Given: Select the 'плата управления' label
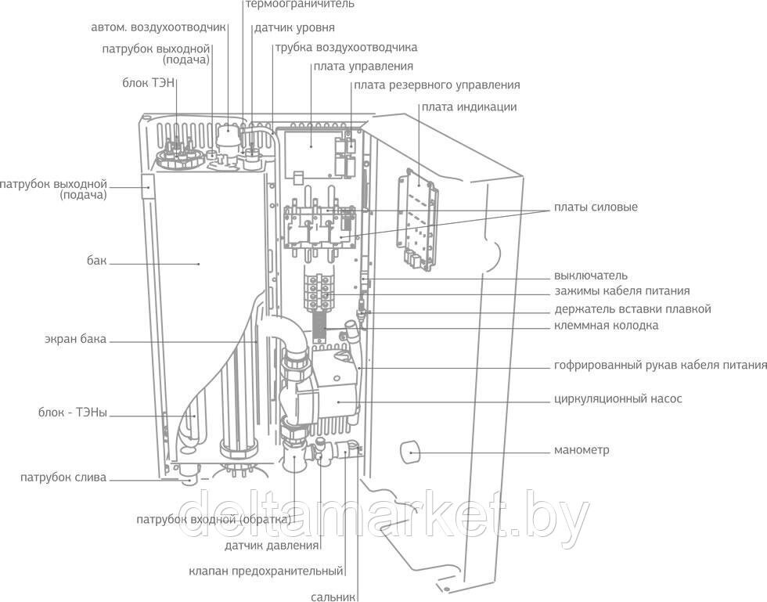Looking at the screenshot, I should (x=363, y=67).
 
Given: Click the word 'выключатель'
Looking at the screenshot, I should (x=591, y=276).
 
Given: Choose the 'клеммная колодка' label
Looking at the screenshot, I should (x=606, y=325).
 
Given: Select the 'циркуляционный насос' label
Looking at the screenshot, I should (x=618, y=398).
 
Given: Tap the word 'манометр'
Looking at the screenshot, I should (x=582, y=450).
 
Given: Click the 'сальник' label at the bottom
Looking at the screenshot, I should (x=333, y=597).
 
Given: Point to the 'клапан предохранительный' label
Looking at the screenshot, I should (x=267, y=571).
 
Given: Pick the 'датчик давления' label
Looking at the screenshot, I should (x=272, y=546).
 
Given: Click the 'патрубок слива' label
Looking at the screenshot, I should (x=63, y=478).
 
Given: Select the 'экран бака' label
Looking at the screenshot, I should (x=75, y=340).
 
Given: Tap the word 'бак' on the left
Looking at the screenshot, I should (x=96, y=261).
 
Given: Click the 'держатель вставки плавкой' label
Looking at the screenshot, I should (x=632, y=308).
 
